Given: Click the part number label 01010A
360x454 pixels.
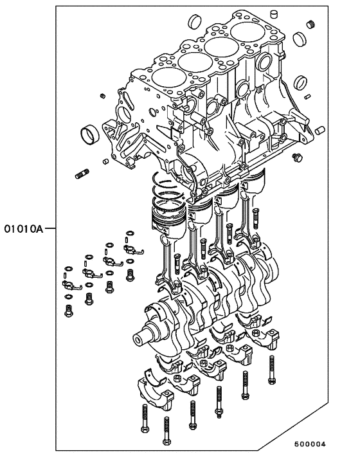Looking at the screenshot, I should click(x=22, y=228).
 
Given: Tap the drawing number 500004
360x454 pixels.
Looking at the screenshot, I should click(x=310, y=444).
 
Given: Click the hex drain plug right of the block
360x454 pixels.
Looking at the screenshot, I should click(x=296, y=158).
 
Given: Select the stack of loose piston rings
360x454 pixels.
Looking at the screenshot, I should click(x=166, y=186).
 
